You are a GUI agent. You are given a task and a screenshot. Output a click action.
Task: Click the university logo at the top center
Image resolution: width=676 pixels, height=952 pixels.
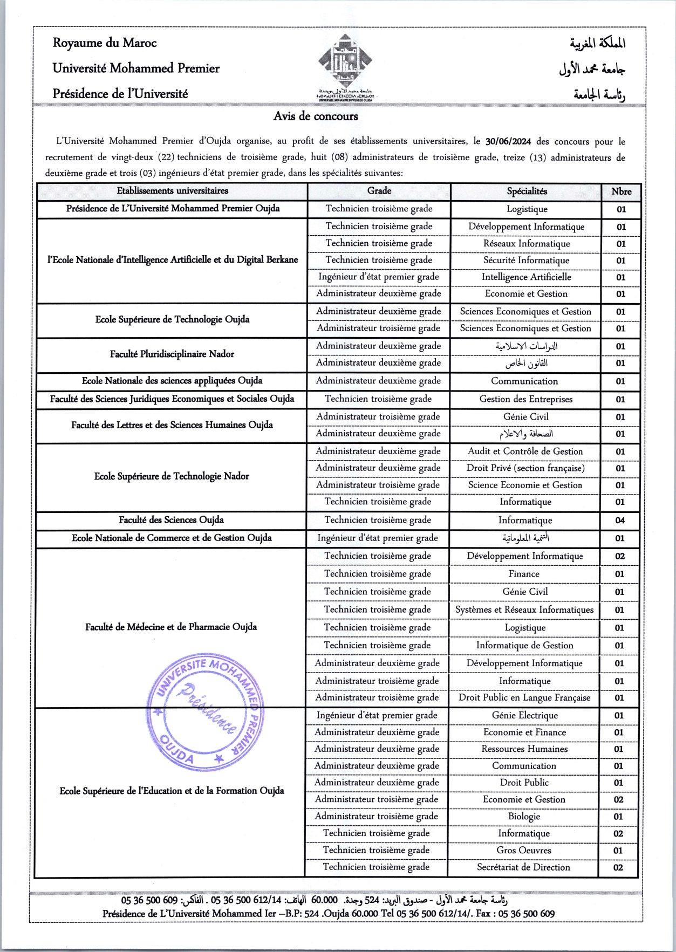345,64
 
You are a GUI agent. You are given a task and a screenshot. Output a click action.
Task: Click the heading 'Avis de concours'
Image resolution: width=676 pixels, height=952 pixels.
316,116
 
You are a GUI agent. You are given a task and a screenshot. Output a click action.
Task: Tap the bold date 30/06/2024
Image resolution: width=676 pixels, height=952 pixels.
508,141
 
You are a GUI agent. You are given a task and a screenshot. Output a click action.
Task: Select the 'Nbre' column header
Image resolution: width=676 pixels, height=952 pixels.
621,191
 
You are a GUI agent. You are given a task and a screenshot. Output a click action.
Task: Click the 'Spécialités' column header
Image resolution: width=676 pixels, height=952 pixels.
527,191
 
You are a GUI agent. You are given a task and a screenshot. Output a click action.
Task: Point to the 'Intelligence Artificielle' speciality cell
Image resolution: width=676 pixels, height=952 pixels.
526,277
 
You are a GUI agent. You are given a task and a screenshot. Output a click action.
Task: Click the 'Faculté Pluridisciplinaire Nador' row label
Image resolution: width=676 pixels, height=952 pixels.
172,354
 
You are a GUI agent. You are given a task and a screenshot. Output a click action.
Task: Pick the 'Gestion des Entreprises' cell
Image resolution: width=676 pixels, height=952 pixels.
526,399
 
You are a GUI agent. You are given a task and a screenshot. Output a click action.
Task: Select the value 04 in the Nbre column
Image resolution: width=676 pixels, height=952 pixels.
620,520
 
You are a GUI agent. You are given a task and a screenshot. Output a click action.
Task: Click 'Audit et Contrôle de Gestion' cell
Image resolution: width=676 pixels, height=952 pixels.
525,451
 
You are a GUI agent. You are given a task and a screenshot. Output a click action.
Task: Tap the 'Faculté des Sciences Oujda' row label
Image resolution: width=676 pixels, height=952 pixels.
171,520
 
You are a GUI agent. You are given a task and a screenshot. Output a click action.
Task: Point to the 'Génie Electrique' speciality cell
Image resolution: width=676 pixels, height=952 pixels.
524,715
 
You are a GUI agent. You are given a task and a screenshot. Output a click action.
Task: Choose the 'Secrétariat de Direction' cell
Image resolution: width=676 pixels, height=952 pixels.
523,867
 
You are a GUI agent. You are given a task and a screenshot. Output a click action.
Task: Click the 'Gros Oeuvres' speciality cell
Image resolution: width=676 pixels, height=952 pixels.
524,850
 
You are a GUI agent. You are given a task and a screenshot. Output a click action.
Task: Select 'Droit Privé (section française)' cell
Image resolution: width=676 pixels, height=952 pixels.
525,468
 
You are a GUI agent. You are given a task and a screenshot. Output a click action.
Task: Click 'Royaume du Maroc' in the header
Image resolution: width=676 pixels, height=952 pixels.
105,43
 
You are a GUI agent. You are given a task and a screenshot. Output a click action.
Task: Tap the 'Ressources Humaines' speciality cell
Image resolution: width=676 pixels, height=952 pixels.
524,749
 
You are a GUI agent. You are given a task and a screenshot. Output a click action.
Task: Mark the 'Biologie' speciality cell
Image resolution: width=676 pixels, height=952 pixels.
524,816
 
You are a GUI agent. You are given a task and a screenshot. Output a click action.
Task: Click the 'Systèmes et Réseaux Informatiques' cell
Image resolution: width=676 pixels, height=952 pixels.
524,609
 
